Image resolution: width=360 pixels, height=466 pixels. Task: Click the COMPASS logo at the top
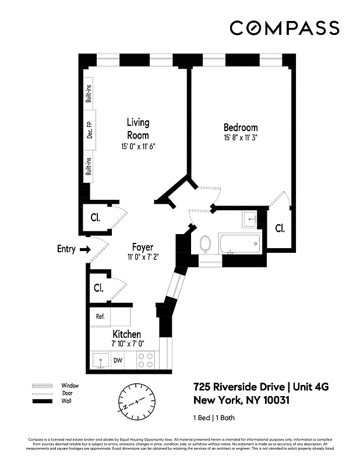[x=284, y=28]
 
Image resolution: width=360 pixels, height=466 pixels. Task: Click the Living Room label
[x=138, y=129]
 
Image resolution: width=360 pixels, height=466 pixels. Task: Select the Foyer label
[x=142, y=247]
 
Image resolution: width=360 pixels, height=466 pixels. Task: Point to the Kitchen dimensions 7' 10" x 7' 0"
[x=126, y=344]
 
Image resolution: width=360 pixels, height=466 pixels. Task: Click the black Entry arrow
[x=84, y=249]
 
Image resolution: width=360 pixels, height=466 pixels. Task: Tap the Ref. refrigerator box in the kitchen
[x=100, y=316]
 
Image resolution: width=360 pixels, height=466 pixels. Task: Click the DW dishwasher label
[x=118, y=361]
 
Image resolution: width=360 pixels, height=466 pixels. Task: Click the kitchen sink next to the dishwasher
[x=100, y=361]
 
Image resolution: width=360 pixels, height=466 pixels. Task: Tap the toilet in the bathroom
[x=206, y=243]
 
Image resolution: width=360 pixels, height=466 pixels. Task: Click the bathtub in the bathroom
[x=241, y=243]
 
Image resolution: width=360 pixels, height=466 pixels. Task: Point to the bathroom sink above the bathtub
[x=249, y=219]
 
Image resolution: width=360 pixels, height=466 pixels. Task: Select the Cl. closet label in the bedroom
[x=280, y=228]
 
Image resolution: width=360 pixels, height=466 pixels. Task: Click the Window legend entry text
[x=70, y=386]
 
